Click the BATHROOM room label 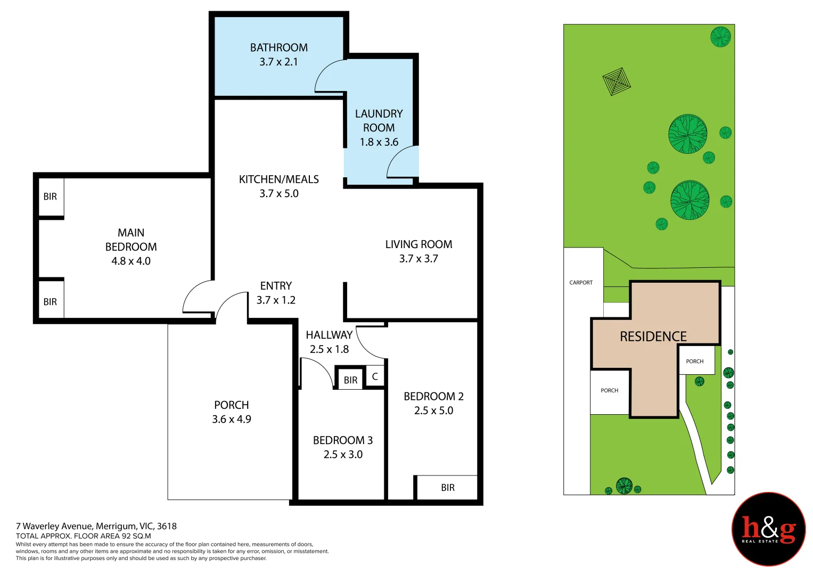(x=278, y=47)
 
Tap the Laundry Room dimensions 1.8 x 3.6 (x=379, y=142)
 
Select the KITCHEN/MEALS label (x=278, y=179)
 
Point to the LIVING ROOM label (x=418, y=244)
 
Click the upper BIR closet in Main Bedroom (x=51, y=197)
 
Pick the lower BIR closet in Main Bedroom (x=51, y=302)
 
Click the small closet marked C (x=375, y=376)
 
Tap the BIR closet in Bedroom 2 (x=447, y=488)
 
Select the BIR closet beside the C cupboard (x=350, y=380)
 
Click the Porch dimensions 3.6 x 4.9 (x=231, y=420)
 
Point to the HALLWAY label (x=329, y=335)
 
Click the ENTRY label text (x=276, y=286)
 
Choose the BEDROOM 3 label (x=342, y=440)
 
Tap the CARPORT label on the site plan (x=581, y=283)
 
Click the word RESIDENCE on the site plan (x=653, y=336)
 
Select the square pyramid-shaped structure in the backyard (x=617, y=81)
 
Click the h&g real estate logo (x=768, y=529)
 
